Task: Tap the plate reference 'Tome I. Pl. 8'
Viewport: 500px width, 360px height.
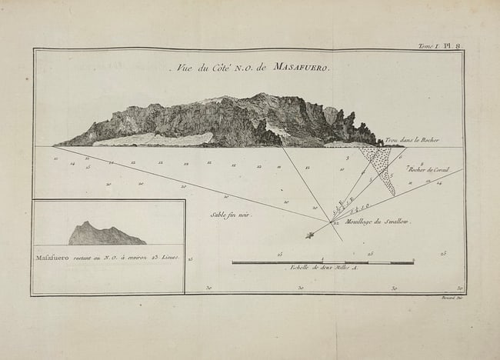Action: click(439, 46)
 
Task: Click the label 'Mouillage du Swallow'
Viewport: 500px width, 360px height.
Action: click(378, 222)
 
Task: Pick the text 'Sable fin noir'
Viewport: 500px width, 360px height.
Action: click(231, 215)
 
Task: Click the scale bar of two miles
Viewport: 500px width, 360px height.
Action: click(322, 262)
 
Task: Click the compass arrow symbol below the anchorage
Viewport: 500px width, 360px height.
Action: click(311, 235)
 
